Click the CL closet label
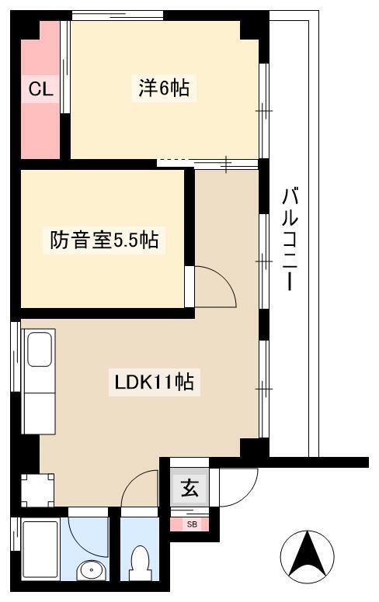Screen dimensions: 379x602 [x=40, y=89]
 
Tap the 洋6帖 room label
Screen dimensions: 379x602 [x=164, y=88]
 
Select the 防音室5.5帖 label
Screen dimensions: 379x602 [x=104, y=240]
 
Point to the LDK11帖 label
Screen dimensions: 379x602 [x=155, y=382]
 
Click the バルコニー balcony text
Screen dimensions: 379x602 [x=290, y=239]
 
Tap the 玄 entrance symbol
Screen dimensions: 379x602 [x=189, y=488]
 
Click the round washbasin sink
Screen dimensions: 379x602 [x=91, y=570]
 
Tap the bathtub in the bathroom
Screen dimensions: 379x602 [x=40, y=549]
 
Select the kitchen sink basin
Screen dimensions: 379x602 [x=40, y=348]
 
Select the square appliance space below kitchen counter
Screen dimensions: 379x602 [x=38, y=490]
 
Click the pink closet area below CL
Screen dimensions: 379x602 [x=40, y=131]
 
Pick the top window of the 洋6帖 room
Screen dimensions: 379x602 [x=117, y=16]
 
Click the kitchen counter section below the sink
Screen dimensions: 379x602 [x=40, y=413]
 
